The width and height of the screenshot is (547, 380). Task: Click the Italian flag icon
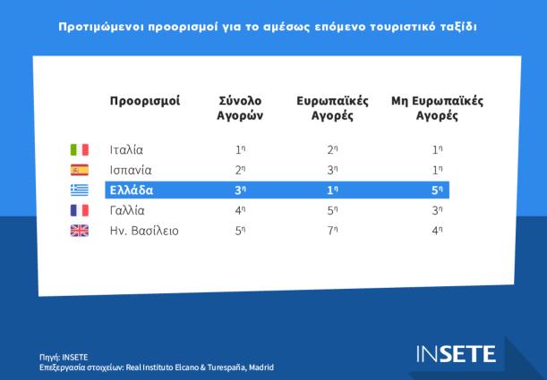(x=80, y=149)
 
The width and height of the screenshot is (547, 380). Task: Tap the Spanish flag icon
(x=80, y=170)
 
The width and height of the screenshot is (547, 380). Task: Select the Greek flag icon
(x=80, y=190)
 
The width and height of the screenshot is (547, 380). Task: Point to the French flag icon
(x=80, y=210)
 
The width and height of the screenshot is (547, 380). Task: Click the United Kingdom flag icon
(x=80, y=231)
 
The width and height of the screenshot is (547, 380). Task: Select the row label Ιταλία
(x=126, y=149)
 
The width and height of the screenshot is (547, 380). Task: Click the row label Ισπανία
(x=131, y=170)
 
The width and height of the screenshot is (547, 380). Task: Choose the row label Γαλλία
(x=127, y=210)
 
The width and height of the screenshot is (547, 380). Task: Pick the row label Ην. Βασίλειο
(x=144, y=231)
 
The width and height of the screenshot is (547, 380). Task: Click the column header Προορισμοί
(x=144, y=101)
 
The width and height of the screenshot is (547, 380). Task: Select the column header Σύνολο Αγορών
(x=239, y=108)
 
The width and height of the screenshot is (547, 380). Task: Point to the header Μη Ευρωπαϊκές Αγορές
(x=437, y=108)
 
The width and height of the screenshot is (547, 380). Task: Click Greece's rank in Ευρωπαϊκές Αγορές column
(x=332, y=190)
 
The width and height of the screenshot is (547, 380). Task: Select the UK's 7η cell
(x=332, y=231)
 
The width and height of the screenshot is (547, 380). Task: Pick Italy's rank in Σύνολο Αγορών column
(x=240, y=149)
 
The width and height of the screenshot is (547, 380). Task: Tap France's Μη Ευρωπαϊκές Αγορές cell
(x=436, y=210)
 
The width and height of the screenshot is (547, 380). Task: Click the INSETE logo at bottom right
(x=455, y=353)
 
